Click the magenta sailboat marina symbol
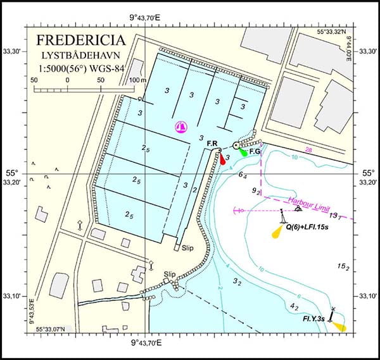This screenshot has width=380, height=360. (182, 127)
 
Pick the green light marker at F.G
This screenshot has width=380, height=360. (243, 152)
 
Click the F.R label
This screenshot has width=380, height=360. (213, 144)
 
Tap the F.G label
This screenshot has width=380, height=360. (255, 152)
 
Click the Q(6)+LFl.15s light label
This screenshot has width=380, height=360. (317, 227)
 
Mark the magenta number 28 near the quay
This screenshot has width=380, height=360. (309, 149)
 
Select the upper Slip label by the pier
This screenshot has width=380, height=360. (188, 248)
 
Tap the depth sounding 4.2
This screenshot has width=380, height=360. (294, 306)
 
